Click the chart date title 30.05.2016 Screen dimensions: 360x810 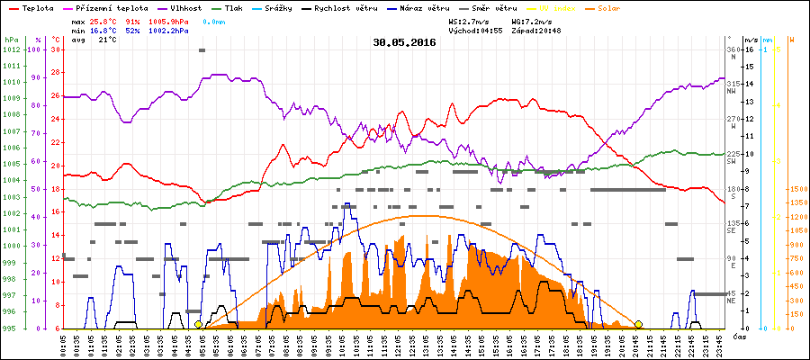coord(404,42)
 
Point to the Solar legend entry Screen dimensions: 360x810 coord(620,7)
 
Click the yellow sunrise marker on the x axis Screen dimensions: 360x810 coord(199,324)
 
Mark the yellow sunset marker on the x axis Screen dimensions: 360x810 coord(638,324)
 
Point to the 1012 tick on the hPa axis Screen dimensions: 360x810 coord(11,49)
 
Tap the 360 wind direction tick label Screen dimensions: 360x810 coord(732,49)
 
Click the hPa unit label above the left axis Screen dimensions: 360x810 coord(11,40)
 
